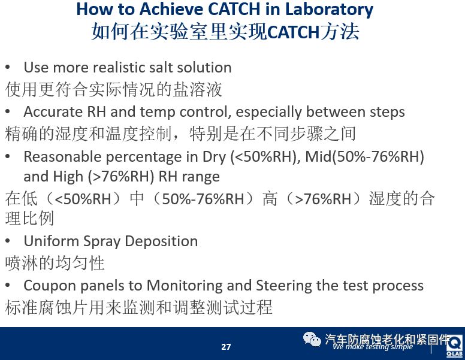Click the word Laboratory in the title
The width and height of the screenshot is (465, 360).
pyautogui.click(x=329, y=10)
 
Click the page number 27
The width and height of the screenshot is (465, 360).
pyautogui.click(x=226, y=347)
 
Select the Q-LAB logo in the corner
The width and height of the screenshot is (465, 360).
pyautogui.click(x=455, y=346)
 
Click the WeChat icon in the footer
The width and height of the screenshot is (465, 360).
pyautogui.click(x=312, y=339)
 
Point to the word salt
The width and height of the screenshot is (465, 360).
pyautogui.click(x=161, y=67)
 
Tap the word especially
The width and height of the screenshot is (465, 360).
pyautogui.click(x=268, y=112)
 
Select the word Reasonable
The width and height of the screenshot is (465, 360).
pyautogui.click(x=62, y=156)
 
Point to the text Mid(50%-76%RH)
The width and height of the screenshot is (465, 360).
pyautogui.click(x=364, y=156)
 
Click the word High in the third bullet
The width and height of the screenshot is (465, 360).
pyautogui.click(x=67, y=177)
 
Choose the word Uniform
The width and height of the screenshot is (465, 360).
pyautogui.click(x=51, y=241)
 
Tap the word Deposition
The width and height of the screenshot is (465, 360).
pyautogui.click(x=161, y=241)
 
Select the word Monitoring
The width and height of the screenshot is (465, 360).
pyautogui.click(x=185, y=286)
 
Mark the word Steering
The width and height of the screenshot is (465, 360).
pyautogui.click(x=284, y=286)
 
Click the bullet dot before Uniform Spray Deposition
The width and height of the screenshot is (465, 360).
pyautogui.click(x=8, y=241)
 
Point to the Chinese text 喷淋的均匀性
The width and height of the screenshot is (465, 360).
pyautogui.click(x=55, y=263)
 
